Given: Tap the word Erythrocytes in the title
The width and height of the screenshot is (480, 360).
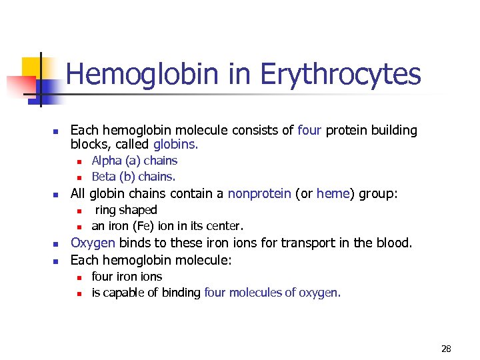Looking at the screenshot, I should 340,74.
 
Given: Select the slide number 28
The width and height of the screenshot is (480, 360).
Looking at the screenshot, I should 446,349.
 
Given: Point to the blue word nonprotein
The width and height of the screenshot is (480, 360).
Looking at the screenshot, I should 259,193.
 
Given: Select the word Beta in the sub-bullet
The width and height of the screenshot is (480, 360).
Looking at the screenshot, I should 104,177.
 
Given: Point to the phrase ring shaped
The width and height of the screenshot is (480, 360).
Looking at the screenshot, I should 126,210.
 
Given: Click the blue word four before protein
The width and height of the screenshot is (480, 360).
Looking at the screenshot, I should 309,131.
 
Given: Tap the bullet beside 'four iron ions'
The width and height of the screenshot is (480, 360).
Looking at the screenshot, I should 78,277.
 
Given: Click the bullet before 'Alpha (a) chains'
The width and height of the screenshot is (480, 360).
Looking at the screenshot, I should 78,161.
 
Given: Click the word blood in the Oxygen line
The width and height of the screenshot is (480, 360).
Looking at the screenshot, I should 395,243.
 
